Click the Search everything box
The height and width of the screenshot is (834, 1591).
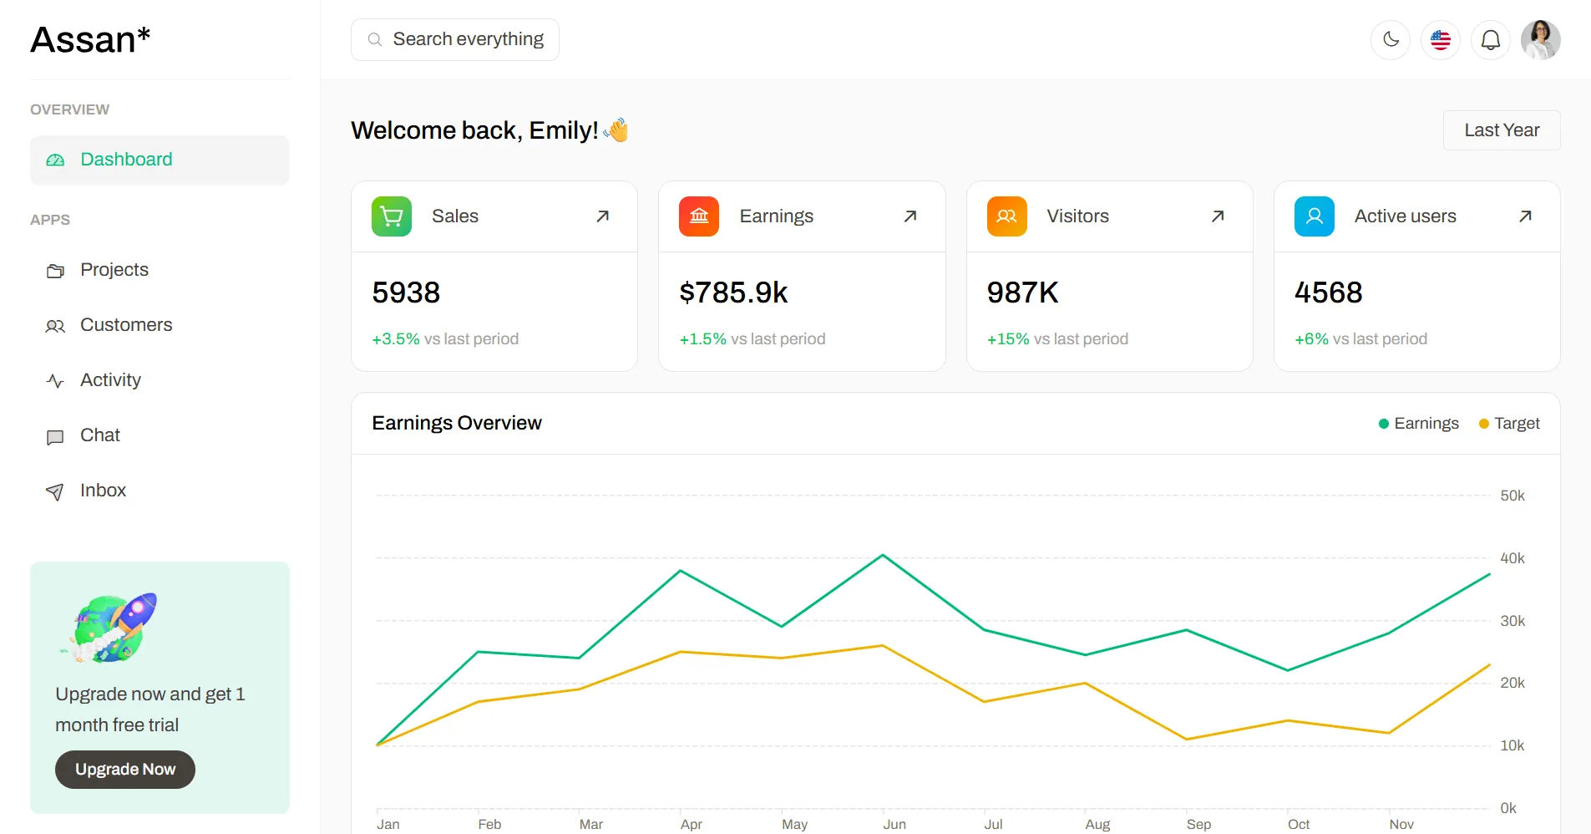tap(455, 39)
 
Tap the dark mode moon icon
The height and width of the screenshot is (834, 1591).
tap(1391, 39)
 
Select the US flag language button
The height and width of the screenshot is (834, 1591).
tap(1441, 39)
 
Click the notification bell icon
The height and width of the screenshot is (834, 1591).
tap(1491, 39)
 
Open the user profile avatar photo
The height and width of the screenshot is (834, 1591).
tap(1541, 39)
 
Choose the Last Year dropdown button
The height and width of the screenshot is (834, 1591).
tap(1502, 130)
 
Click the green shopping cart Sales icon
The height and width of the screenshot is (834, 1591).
tap(392, 216)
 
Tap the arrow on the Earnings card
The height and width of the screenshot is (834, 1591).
tap(910, 216)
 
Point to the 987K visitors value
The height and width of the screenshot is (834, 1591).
tap(1022, 292)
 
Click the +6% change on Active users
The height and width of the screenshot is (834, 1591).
tap(1311, 339)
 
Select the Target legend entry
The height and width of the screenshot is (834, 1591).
tap(1509, 424)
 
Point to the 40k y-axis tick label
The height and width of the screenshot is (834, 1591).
tap(1512, 558)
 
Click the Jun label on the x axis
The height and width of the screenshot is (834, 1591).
tap(894, 824)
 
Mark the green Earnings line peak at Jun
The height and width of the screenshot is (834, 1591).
tap(883, 555)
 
